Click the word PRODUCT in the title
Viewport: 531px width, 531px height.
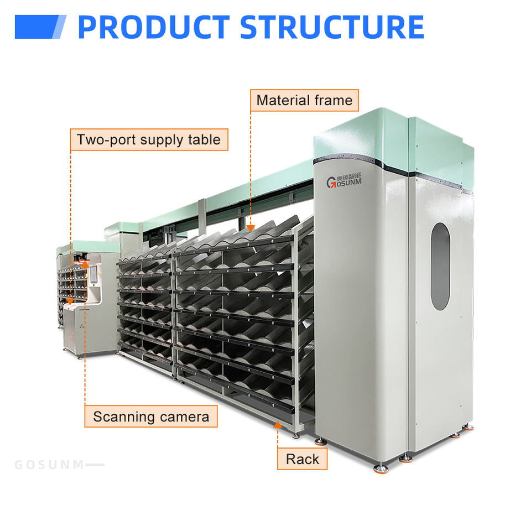coord(153,28)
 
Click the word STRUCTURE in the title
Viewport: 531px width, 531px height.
coord(332,28)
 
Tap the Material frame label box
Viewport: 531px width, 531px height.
coord(304,101)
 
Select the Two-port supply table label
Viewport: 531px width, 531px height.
coord(149,140)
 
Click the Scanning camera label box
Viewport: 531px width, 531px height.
coord(150,417)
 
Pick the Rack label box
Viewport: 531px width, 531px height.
coord(302,459)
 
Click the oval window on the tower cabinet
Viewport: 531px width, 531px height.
coord(440,266)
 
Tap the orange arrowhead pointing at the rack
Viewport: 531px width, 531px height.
coord(278,425)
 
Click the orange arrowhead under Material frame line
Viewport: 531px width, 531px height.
coord(251,227)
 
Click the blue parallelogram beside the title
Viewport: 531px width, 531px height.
coord(40,27)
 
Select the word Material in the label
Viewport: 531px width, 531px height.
coord(283,101)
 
